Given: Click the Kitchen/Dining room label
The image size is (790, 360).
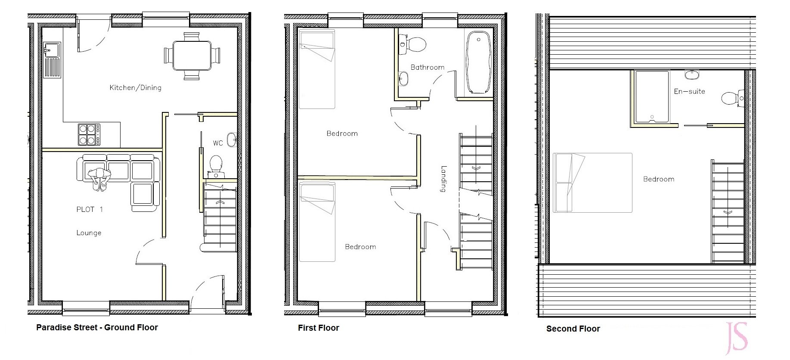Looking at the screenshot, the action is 136,88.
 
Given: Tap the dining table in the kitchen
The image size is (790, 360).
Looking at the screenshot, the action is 192,56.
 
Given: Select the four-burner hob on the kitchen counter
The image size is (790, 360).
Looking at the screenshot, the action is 89,134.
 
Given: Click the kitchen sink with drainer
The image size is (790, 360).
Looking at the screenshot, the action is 52,60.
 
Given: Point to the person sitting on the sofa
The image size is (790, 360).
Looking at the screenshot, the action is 100,178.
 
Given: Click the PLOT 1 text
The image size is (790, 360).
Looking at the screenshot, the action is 90,210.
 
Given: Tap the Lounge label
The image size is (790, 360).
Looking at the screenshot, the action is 89,233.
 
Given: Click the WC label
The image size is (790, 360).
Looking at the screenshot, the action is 218,143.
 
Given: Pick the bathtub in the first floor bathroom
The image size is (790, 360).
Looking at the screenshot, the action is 478,62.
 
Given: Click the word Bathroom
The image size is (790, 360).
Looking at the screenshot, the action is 428,67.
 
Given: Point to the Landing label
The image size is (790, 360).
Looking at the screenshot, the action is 444,179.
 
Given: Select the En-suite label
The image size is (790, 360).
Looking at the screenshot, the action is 689,91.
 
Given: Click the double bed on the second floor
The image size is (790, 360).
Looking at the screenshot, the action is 592,183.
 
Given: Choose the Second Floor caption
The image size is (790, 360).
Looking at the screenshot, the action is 573,329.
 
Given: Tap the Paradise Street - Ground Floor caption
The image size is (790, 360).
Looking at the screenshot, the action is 97,328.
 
